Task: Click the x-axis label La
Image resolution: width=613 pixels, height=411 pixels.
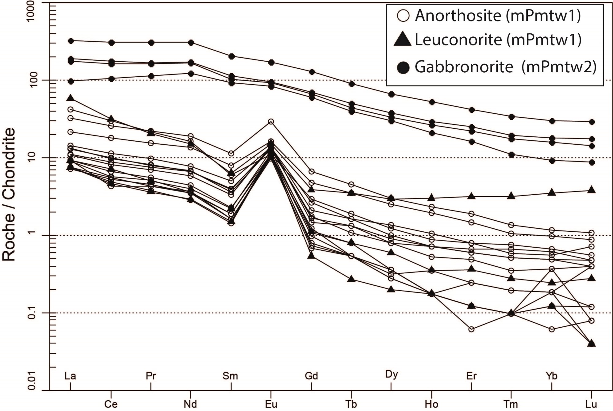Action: [x=70, y=376]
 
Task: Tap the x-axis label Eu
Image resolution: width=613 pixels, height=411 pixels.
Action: [x=271, y=404]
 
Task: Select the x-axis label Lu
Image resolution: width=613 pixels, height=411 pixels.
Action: [x=591, y=404]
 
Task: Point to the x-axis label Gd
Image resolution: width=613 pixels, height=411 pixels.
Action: [x=311, y=376]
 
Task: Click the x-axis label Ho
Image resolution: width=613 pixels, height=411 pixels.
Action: [x=431, y=404]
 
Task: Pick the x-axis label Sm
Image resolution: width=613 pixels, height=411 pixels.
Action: [x=230, y=376]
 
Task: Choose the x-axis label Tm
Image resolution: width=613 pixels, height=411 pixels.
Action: [x=511, y=404]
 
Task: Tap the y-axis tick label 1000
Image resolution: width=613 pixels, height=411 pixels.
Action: [x=31, y=11]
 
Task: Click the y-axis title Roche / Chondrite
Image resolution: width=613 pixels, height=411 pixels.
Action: [x=9, y=194]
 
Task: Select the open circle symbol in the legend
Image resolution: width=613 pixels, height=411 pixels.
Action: [x=403, y=16]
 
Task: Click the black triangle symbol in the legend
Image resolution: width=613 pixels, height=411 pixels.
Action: [x=402, y=40]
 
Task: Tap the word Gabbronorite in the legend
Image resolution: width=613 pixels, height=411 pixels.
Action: [x=464, y=67]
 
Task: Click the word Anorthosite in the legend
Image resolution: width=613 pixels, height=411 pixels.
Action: [x=458, y=15]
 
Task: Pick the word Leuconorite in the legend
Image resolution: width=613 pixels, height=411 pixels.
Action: [x=458, y=40]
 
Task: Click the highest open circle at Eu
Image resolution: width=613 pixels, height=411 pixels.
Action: [x=271, y=122]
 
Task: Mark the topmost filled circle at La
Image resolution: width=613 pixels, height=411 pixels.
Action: [x=71, y=41]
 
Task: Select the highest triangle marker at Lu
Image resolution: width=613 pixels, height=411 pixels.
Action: [x=592, y=190]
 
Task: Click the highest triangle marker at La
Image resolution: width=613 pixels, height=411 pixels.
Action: [x=71, y=98]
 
